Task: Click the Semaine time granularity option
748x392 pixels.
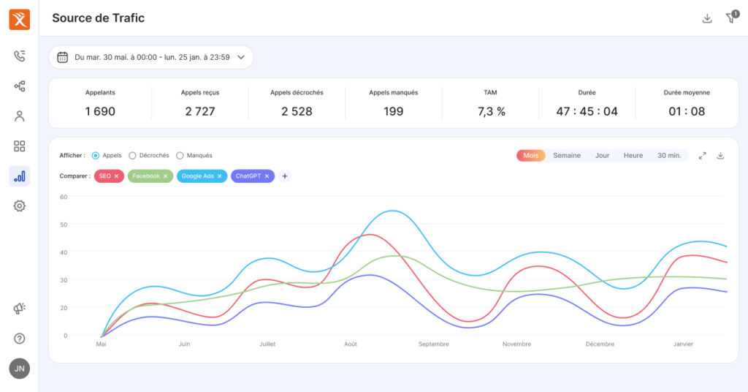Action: coord(567,155)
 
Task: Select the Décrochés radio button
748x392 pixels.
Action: coord(133,156)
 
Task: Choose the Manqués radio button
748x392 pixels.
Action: coord(180,156)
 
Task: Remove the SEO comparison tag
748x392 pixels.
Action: coord(116,176)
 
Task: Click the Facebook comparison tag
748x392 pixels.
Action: coord(150,176)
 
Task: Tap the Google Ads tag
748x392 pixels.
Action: coord(202,176)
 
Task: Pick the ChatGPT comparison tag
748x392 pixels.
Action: coord(253,176)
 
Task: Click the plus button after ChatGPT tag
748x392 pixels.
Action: coord(285,176)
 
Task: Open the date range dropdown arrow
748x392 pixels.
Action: coord(241,57)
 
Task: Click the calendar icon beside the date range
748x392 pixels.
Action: coord(63,57)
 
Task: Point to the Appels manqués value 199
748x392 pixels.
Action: coord(394,111)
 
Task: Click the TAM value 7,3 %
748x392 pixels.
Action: coord(492,111)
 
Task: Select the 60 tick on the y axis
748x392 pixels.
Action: coord(64,197)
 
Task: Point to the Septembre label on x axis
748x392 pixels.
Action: coord(434,344)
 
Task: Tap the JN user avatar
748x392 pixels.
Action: coord(20,369)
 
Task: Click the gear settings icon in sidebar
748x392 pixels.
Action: coord(20,206)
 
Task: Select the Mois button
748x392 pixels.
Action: coord(530,155)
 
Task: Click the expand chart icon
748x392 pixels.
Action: coord(702,156)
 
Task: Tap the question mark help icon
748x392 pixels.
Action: coord(20,339)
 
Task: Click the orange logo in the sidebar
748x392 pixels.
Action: coord(20,20)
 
